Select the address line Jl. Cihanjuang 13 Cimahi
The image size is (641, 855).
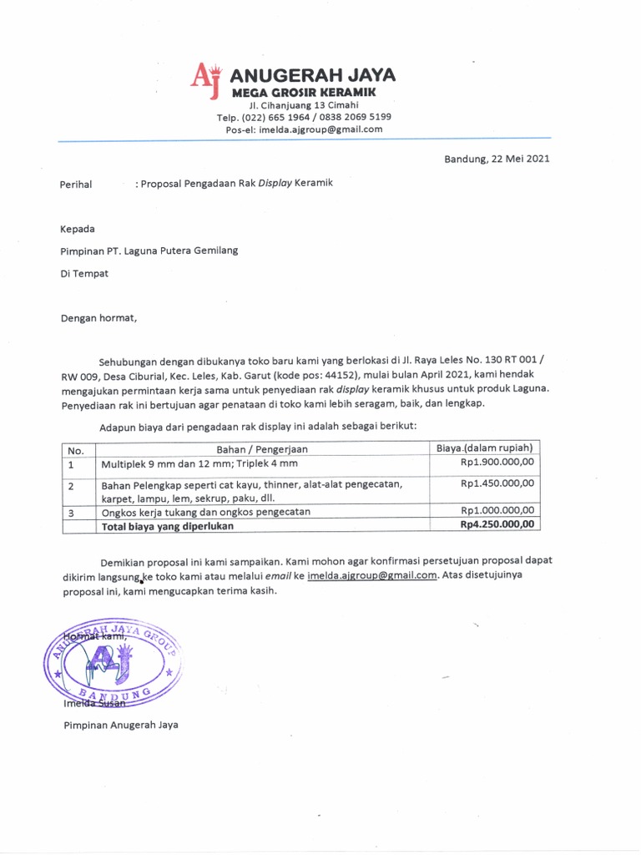coord(304,105)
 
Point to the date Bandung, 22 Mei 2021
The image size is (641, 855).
coord(496,159)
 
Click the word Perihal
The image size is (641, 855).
coord(76,184)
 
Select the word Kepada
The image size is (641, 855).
coord(78,229)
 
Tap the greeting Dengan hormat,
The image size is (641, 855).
coord(97,317)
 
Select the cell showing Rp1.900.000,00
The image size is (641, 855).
coord(498,463)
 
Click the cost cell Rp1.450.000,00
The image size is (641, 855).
coord(498,483)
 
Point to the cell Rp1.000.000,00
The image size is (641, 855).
coord(498,511)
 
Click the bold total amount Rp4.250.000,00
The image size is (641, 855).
coord(498,525)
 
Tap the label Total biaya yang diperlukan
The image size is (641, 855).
coord(167,526)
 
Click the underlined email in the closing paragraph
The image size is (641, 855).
coord(371,575)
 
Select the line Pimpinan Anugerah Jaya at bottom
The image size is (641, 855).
coord(121,725)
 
